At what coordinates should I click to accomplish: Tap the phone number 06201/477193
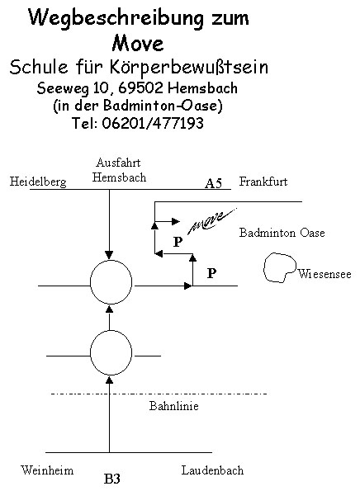tap(153, 123)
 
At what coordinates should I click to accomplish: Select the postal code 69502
tap(140, 88)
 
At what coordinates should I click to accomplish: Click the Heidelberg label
tap(38, 182)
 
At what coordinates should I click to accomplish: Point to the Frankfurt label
tap(263, 182)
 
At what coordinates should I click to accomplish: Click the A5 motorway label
tap(214, 183)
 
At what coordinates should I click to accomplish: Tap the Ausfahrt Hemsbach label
tap(119, 170)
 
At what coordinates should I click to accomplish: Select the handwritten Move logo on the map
tap(212, 221)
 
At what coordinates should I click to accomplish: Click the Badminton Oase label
tap(282, 233)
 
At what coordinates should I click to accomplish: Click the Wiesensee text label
tap(324, 274)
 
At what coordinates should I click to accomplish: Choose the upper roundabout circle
tap(91, 282)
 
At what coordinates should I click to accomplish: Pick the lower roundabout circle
tap(91, 353)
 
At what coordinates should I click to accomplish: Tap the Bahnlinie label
tap(174, 406)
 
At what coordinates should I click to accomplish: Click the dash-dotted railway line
tap(159, 394)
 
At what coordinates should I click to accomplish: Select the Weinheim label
tap(47, 470)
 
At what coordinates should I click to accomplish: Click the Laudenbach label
tap(212, 470)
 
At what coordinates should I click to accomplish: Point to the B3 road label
tap(111, 479)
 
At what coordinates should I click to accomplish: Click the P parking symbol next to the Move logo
tap(178, 242)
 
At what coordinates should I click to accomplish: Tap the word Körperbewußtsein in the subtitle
tap(188, 68)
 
